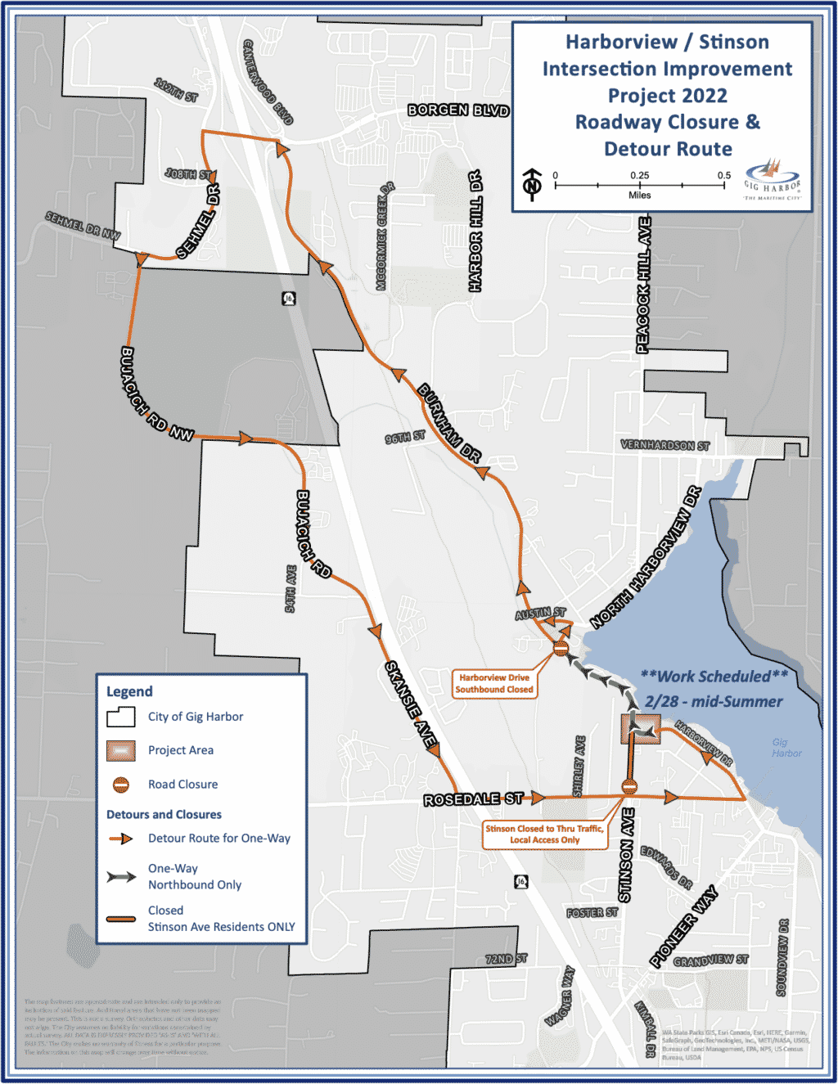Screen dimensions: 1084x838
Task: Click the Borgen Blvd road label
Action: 458,110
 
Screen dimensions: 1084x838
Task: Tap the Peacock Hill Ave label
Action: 644,285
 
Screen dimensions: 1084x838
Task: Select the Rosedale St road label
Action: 473,799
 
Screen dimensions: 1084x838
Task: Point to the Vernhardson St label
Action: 665,446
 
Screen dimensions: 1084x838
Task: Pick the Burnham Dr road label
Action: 449,423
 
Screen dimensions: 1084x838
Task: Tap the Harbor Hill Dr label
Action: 475,232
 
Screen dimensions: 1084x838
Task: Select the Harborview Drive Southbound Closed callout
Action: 494,684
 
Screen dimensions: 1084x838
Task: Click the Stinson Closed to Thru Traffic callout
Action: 544,834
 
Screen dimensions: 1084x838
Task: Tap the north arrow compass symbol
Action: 533,184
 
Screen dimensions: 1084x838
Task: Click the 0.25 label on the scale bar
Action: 640,176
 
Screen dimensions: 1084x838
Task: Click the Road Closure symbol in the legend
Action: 121,785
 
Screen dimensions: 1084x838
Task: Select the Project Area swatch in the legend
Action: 121,751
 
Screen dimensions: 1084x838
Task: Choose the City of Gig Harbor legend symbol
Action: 121,717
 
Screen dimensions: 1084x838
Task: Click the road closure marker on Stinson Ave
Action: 629,787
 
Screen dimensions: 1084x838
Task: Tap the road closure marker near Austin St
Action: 561,649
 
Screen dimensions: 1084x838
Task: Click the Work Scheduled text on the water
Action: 714,677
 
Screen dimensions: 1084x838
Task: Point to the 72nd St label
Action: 506,959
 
